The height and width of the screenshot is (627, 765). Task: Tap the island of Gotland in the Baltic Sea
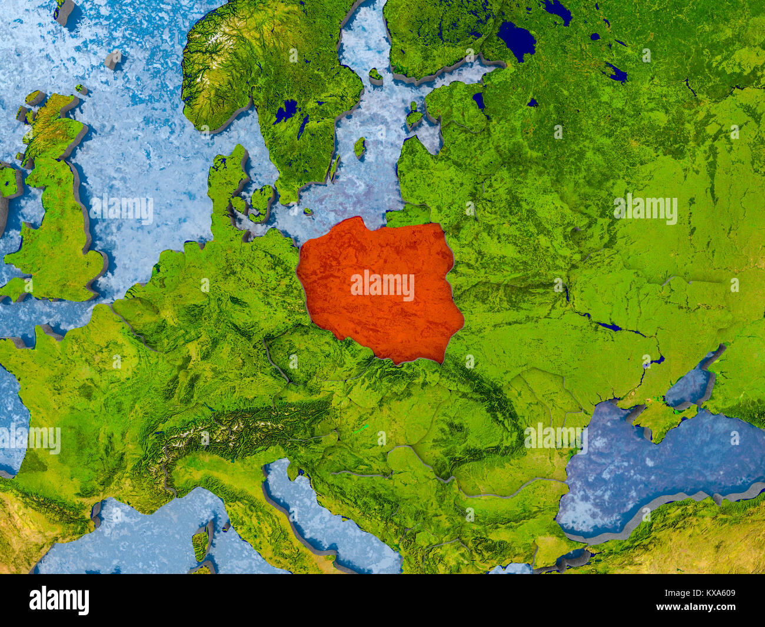[x=359, y=147]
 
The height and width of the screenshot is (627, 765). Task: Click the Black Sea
[x=647, y=465]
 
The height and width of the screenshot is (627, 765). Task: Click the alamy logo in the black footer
[x=59, y=600]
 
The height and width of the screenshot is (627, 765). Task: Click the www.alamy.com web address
[x=702, y=607]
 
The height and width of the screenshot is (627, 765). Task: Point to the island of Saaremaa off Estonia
[x=414, y=117]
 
